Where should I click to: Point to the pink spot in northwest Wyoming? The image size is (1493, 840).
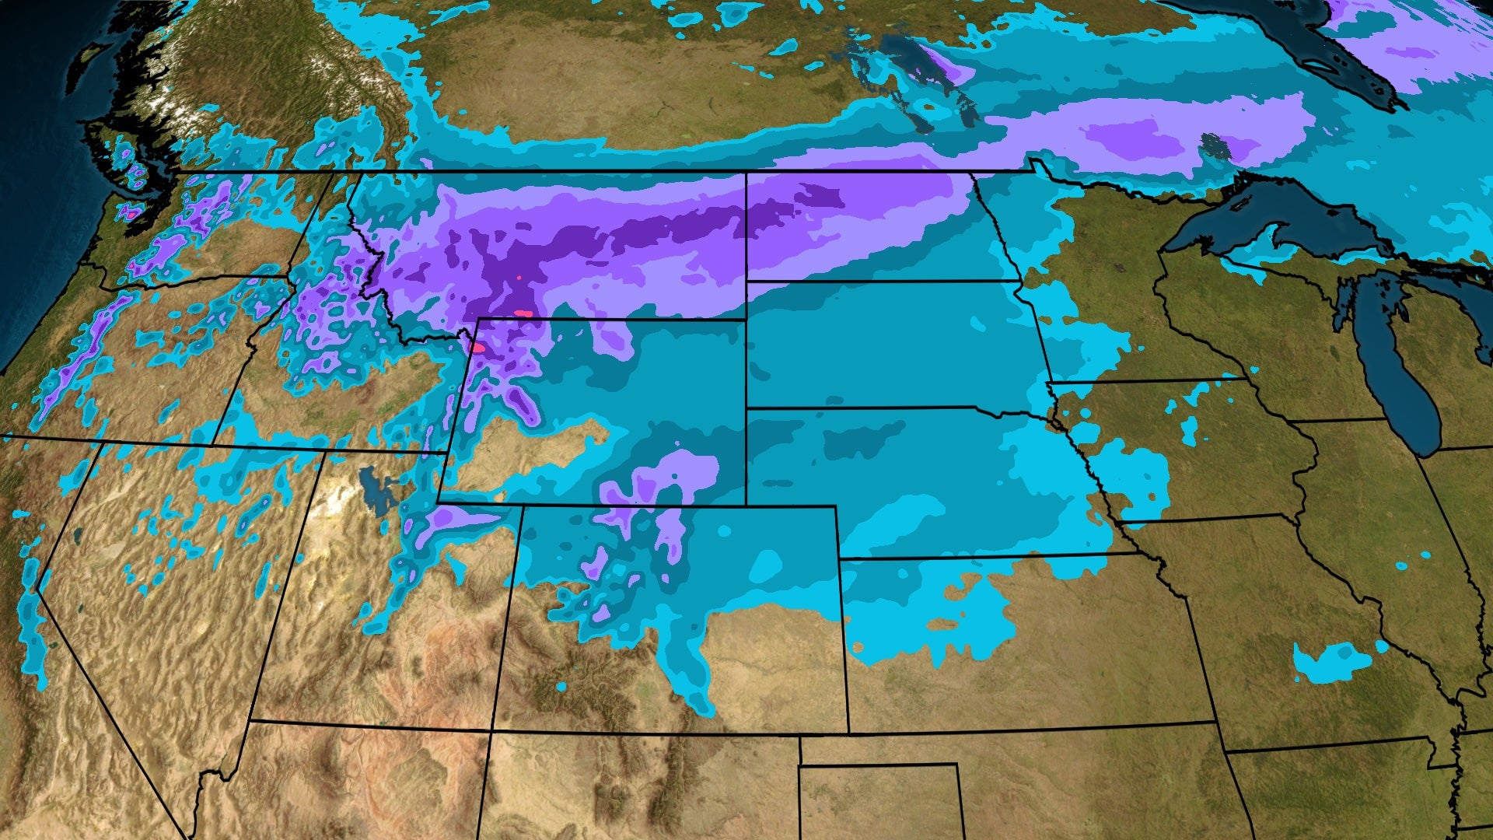point(477,348)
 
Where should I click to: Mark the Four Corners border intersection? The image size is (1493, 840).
point(491,730)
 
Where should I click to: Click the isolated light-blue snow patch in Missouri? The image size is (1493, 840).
point(1330,661)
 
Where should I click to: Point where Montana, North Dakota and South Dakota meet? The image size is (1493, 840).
point(746,281)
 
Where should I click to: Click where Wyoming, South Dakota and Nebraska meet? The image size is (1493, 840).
point(746,408)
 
